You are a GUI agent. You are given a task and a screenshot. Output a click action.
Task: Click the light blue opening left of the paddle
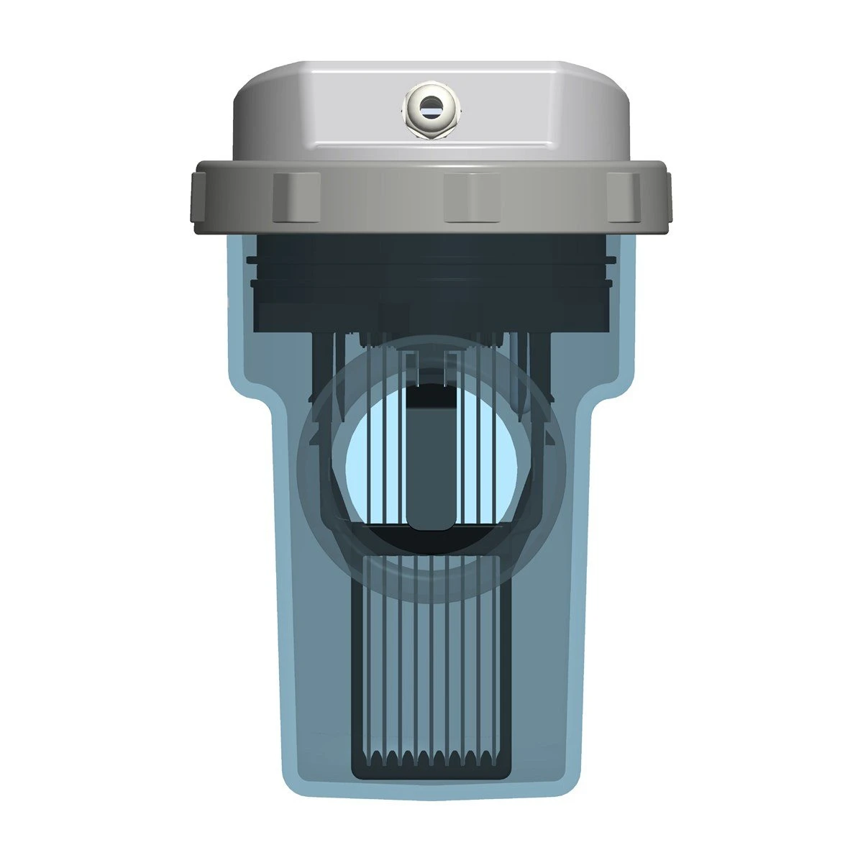[x=374, y=467]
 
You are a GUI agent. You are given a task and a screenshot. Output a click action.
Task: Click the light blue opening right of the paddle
[x=489, y=467]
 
